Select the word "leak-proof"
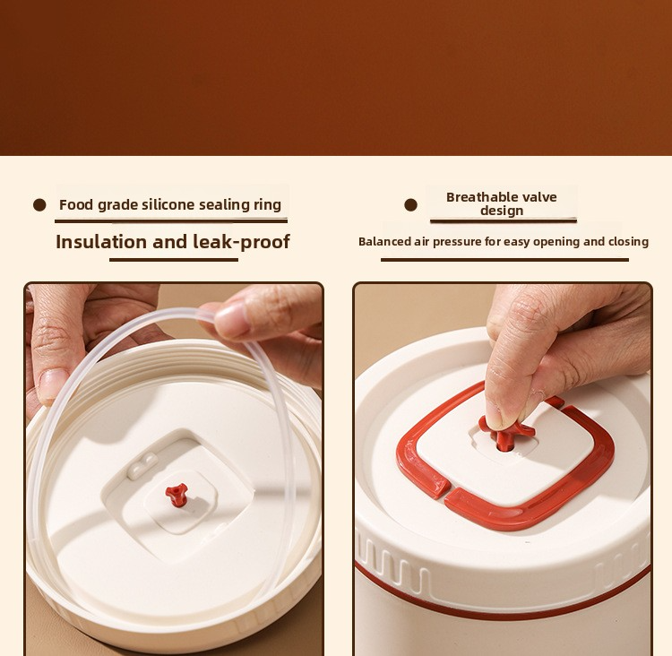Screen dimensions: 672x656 point(241,242)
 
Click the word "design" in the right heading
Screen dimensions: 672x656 point(502,211)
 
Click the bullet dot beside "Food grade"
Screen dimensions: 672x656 point(39,205)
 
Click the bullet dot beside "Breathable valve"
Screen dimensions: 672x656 point(410,205)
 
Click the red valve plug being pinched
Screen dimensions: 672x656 point(506,434)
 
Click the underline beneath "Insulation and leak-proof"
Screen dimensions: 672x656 point(174,260)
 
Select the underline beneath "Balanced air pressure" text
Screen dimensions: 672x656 point(504,259)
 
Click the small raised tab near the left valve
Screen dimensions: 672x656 point(142,465)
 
